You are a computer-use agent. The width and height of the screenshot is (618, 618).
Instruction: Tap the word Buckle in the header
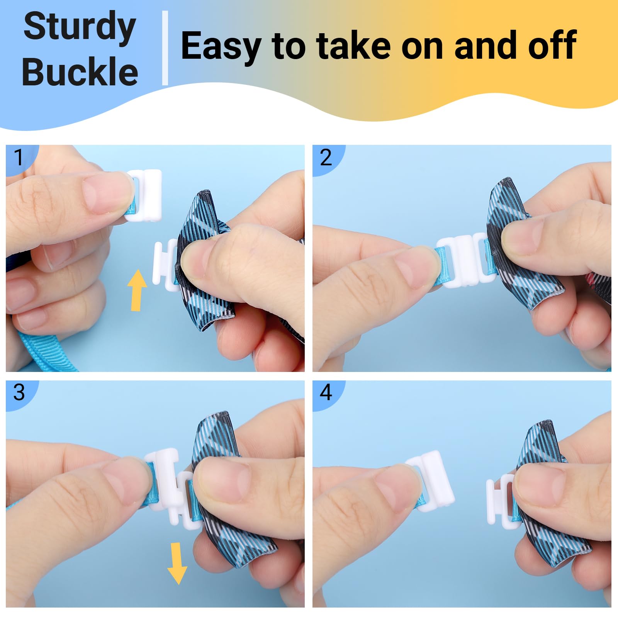[x=80, y=71]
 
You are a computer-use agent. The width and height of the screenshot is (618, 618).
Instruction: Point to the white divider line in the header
[x=165, y=48]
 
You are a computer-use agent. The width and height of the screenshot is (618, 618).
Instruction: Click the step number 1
[x=18, y=158]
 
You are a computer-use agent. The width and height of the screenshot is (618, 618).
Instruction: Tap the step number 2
[x=326, y=158]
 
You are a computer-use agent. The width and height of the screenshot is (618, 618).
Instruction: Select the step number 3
[x=19, y=392]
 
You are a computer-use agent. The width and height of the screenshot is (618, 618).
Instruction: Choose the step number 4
[x=326, y=392]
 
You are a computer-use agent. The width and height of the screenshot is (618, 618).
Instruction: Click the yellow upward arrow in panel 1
[x=137, y=290]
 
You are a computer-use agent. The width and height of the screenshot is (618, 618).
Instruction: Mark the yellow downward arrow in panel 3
[x=177, y=563]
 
